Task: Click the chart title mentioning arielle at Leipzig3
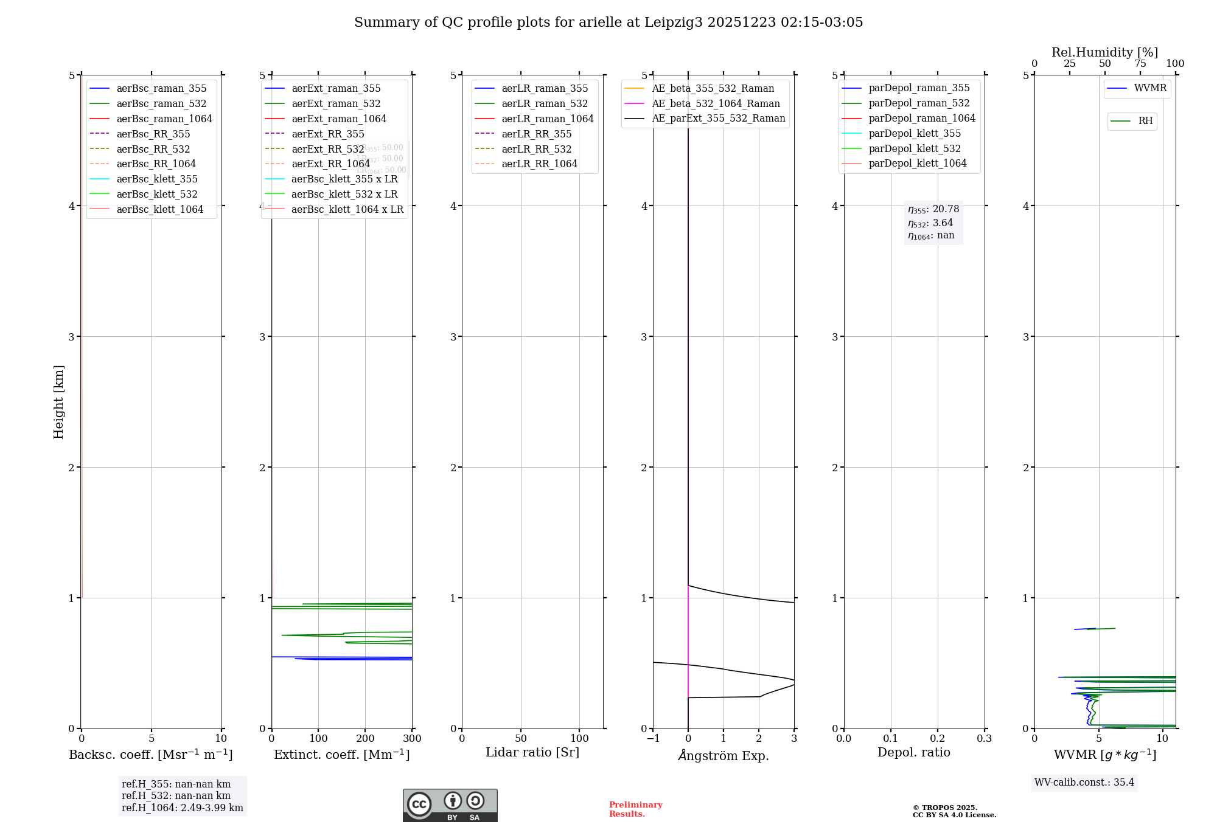[x=608, y=22]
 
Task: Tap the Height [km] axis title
[x=58, y=401]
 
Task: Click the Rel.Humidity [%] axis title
[x=1104, y=52]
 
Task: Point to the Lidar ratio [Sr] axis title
[x=532, y=752]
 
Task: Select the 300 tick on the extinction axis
[x=413, y=739]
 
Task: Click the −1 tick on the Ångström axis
[x=653, y=739]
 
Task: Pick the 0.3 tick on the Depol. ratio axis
[x=984, y=739]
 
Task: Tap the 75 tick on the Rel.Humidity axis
[x=1140, y=64]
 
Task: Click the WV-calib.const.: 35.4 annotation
[x=1084, y=782]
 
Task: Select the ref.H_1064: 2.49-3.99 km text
[x=182, y=808]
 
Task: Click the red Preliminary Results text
[x=635, y=809]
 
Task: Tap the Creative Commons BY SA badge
[x=450, y=805]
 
